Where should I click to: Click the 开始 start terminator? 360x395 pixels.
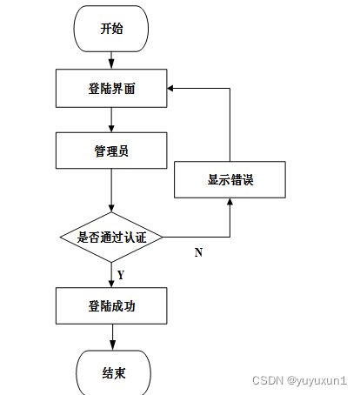(x=111, y=29)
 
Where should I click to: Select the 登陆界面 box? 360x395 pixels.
(x=111, y=88)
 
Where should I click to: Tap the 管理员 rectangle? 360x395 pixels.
(x=111, y=151)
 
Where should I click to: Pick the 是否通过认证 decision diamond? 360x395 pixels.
(x=111, y=238)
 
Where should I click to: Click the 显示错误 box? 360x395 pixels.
(x=230, y=179)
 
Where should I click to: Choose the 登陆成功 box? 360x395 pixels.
(x=111, y=305)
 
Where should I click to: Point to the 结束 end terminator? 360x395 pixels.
(x=113, y=372)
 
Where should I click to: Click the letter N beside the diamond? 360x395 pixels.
(x=198, y=252)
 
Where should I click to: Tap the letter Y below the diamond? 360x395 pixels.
(x=121, y=275)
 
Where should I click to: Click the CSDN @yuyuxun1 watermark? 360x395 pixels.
(x=299, y=380)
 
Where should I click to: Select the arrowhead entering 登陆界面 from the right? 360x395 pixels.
(x=170, y=88)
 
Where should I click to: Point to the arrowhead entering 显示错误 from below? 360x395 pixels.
(x=230, y=202)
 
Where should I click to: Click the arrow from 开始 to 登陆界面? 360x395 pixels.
(x=111, y=60)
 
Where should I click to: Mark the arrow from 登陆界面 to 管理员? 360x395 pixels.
(x=111, y=120)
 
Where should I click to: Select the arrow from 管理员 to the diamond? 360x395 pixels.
(x=111, y=191)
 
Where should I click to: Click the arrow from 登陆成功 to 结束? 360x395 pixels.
(x=112, y=337)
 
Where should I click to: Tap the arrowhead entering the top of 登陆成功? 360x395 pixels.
(x=111, y=284)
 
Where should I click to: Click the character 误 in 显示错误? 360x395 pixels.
(x=248, y=180)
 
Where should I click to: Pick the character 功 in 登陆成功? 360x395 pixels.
(x=130, y=306)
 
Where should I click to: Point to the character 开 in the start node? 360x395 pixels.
(x=105, y=29)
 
